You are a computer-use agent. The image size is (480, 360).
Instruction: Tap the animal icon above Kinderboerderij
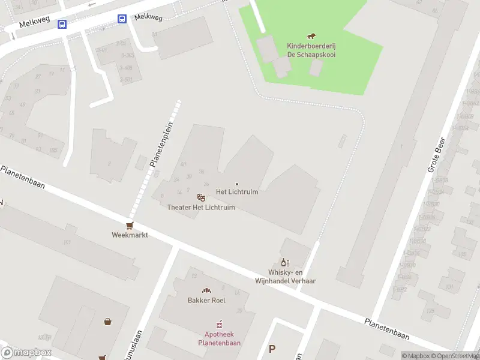click(x=311, y=37)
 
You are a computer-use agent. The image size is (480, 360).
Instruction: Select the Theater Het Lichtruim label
click(x=201, y=208)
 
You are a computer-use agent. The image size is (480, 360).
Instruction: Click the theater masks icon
click(x=201, y=197)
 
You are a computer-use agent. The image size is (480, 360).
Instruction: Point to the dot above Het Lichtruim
click(x=237, y=184)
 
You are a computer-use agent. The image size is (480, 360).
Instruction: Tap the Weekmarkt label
click(x=130, y=235)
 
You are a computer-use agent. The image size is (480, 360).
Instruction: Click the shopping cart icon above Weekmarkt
click(x=130, y=225)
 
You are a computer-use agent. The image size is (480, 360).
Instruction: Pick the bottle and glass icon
click(x=285, y=262)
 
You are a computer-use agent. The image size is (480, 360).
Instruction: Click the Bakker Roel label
click(x=206, y=300)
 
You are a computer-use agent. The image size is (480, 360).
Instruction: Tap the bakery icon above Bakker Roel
click(x=206, y=290)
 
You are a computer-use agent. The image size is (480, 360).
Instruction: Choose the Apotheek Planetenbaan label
click(x=219, y=339)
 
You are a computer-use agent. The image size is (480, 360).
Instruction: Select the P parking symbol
click(x=272, y=349)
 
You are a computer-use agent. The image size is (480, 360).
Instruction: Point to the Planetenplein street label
click(x=161, y=145)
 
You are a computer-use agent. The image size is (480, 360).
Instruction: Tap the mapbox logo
click(x=26, y=353)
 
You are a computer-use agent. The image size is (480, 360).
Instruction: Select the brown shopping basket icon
click(x=108, y=321)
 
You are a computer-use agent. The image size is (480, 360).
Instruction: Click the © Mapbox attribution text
click(x=415, y=356)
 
